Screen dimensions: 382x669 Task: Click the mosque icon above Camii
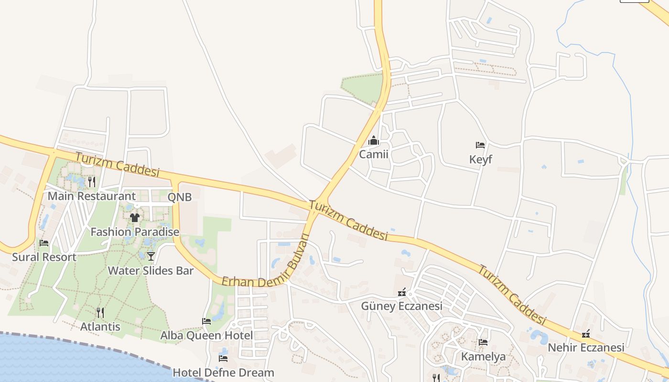click(374, 141)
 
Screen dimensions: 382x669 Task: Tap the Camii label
click(374, 154)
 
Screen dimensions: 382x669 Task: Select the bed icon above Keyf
click(480, 145)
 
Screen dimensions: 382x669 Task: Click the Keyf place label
click(480, 159)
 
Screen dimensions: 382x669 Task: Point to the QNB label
click(180, 197)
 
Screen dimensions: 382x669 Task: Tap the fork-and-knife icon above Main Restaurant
click(92, 182)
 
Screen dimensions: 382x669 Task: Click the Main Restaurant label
click(92, 196)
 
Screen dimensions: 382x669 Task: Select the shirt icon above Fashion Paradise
click(135, 218)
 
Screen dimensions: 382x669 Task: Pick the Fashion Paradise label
click(135, 232)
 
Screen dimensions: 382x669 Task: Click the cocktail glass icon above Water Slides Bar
click(151, 256)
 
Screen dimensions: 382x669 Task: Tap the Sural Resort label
click(44, 257)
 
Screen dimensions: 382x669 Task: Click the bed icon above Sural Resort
click(44, 243)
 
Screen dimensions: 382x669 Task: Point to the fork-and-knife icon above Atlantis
click(100, 313)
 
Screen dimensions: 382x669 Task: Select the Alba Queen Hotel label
click(206, 335)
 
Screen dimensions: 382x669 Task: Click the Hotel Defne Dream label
click(223, 372)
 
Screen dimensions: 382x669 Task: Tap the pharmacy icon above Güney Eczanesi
click(402, 292)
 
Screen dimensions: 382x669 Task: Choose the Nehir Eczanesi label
click(586, 347)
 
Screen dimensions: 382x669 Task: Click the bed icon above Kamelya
click(483, 342)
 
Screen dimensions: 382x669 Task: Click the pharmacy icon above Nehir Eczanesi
click(586, 334)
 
